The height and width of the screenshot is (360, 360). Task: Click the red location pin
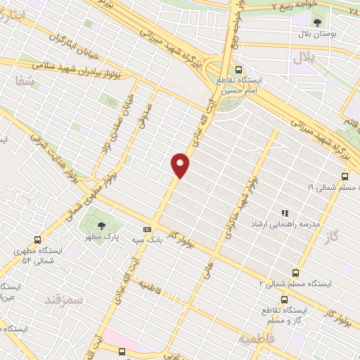click(181, 165)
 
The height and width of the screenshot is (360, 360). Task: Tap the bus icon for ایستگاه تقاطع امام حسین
click(239, 70)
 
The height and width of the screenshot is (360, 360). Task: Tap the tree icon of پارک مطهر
click(102, 226)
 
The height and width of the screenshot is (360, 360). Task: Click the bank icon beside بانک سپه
click(147, 229)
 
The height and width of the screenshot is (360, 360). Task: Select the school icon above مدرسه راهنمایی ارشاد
click(285, 212)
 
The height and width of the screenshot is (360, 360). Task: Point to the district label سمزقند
click(63, 302)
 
